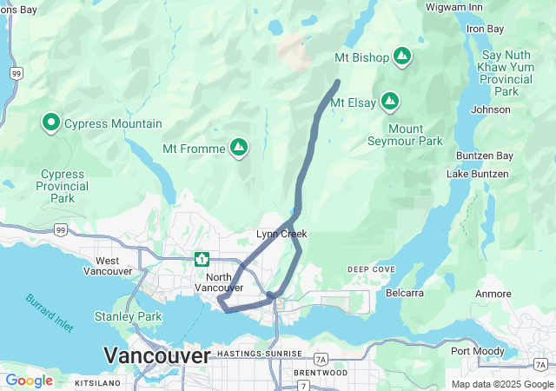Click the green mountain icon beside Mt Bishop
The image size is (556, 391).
click(401, 57)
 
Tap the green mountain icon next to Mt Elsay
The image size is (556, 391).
click(390, 102)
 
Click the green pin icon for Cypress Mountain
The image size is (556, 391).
click(50, 123)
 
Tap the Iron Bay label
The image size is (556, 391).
click(485, 29)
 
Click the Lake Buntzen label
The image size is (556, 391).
click(476, 175)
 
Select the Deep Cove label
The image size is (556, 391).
click(371, 269)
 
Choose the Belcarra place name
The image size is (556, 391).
click(405, 293)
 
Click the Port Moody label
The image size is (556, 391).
click(475, 351)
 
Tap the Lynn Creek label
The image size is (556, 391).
click(281, 234)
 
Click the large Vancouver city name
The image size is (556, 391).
click(156, 355)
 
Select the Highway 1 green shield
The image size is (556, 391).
click(202, 258)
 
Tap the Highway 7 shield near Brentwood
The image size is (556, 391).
click(302, 386)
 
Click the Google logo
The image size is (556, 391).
click(29, 381)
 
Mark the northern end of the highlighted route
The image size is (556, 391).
click(337, 82)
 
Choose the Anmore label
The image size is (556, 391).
click(493, 294)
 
